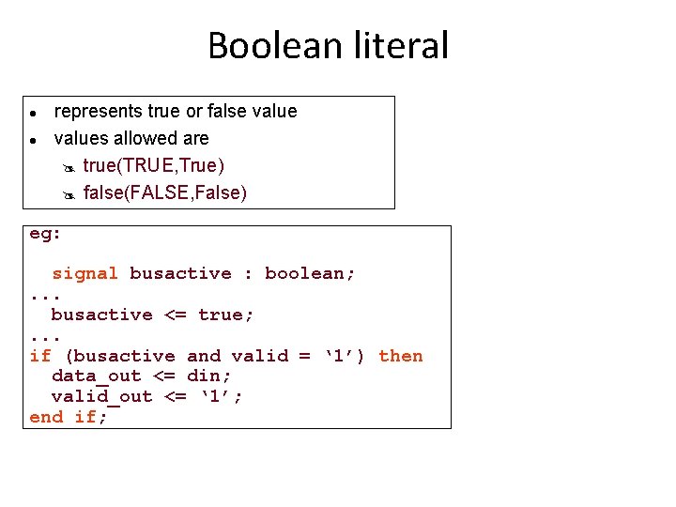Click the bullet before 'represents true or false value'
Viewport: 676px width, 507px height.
[x=32, y=113]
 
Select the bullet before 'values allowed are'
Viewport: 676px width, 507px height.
[x=32, y=140]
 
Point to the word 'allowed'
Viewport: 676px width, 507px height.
[x=150, y=139]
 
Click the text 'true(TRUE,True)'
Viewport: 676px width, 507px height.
[x=154, y=166]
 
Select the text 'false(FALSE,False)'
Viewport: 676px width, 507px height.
[x=165, y=193]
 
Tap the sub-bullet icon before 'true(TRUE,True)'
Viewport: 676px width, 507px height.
[x=68, y=167]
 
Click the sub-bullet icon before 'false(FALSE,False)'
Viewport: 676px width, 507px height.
[x=68, y=194]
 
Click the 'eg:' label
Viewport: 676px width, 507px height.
[x=45, y=234]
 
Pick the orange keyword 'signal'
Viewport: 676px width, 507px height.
[x=84, y=274]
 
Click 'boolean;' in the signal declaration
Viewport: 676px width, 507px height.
[x=310, y=274]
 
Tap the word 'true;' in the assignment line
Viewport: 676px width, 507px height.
[x=225, y=315]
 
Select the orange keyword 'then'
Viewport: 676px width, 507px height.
[x=401, y=356]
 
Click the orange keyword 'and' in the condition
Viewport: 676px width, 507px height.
[x=204, y=356]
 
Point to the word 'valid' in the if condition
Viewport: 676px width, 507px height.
[x=259, y=356]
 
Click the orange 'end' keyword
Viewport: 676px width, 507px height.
[x=46, y=417]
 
